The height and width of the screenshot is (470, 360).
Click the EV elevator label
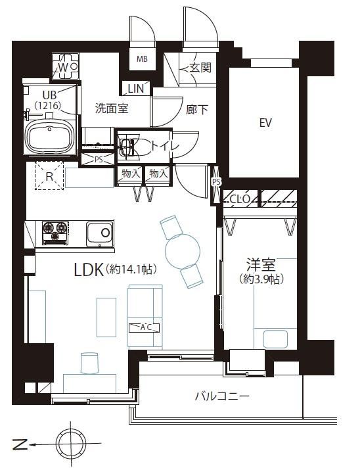pyautogui.click(x=265, y=123)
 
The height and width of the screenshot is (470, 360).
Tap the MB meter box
pyautogui.click(x=143, y=59)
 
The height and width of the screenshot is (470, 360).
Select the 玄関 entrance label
pyautogui.click(x=200, y=68)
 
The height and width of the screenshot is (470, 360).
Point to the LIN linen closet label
pyautogui.click(x=136, y=89)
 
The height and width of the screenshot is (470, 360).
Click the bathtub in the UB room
pyautogui.click(x=51, y=136)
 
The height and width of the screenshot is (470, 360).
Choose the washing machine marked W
pyautogui.click(x=65, y=66)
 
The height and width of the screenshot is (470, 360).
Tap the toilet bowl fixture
pyautogui.click(x=127, y=147)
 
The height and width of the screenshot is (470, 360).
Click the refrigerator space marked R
pyautogui.click(x=49, y=176)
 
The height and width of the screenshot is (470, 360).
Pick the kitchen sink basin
pyautogui.click(x=100, y=234)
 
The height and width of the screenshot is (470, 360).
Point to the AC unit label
pyautogui.click(x=144, y=327)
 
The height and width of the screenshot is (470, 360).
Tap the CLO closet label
pyautogui.click(x=240, y=199)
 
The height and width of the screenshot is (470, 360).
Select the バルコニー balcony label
pyautogui.click(x=222, y=397)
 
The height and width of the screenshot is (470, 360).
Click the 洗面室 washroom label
pyautogui.click(x=112, y=108)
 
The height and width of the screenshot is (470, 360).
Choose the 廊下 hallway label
pyautogui.click(x=197, y=110)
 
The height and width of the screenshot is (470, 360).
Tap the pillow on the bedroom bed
pyautogui.click(x=275, y=339)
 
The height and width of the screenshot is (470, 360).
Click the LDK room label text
pyautogui.click(x=88, y=270)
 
